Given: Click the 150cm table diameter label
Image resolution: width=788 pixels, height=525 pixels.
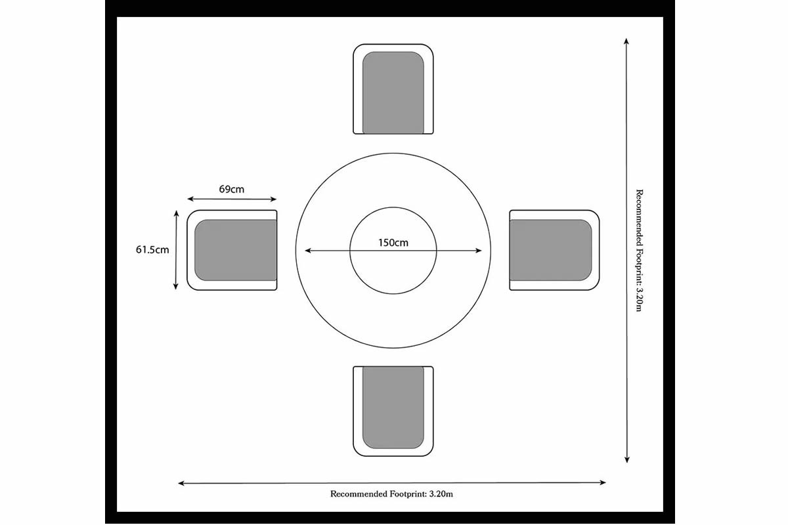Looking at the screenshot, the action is [393, 243].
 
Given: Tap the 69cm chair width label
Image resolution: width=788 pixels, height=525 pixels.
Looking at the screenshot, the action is [231, 189].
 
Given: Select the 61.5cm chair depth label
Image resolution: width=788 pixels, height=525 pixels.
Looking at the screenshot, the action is [152, 249].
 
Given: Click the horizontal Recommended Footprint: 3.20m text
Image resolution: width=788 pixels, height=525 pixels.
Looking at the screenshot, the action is [391, 494].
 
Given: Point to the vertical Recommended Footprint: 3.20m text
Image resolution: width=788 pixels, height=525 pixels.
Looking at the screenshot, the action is [640, 251].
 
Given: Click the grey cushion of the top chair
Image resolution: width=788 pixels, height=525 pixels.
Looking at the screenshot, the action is [393, 93].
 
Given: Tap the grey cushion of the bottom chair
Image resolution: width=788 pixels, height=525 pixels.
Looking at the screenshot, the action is [393, 408].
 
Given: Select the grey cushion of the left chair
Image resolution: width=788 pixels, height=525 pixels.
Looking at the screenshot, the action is [236, 250].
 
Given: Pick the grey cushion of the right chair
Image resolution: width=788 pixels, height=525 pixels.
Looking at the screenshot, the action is [550, 250].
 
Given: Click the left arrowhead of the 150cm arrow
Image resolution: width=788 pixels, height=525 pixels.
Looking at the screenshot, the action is [307, 251].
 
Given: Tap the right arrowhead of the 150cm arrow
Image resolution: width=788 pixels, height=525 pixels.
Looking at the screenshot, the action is [479, 251].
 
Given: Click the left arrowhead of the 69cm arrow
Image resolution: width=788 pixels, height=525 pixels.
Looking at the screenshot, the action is [190, 199].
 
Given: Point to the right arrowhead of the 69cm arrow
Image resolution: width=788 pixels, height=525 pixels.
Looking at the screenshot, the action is [273, 199].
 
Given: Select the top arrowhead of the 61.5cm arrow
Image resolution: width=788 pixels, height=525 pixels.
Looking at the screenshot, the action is [176, 213].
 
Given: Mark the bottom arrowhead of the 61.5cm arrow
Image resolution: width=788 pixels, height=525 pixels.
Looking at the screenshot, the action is [176, 287].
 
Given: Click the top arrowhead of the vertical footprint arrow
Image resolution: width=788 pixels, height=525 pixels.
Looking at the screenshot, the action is [626, 41].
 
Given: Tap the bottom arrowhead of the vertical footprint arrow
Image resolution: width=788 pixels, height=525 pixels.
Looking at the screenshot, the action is [627, 459].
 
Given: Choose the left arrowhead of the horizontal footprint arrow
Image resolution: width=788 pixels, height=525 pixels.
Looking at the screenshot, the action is [181, 484].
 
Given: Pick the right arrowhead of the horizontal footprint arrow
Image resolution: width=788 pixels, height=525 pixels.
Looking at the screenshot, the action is [603, 482].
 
